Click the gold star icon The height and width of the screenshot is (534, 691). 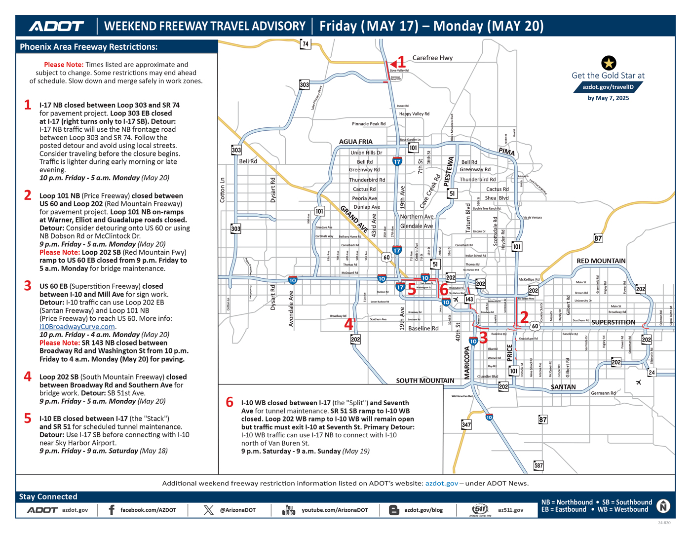[x=609, y=63]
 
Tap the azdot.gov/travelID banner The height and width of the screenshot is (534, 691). [x=608, y=87]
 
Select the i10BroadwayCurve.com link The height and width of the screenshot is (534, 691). [x=77, y=327]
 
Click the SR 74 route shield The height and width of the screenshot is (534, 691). [x=306, y=44]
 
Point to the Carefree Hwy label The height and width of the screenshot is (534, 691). [x=432, y=58]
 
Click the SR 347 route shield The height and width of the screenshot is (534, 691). [x=466, y=424]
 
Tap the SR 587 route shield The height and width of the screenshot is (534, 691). [x=538, y=465]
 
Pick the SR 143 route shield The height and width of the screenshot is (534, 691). [x=469, y=299]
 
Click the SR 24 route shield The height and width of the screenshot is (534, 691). [x=652, y=373]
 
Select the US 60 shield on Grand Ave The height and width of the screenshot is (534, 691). [x=386, y=257]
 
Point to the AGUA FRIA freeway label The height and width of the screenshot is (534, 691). [x=355, y=142]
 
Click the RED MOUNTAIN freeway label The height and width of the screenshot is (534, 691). [x=601, y=261]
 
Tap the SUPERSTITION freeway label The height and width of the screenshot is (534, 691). [x=613, y=322]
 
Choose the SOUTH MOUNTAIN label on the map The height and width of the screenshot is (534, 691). [x=425, y=381]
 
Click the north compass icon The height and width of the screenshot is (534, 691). [x=663, y=506]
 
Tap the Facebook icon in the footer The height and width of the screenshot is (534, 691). [x=112, y=510]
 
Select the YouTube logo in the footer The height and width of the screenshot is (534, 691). [x=289, y=510]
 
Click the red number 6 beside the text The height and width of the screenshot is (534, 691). [x=230, y=403]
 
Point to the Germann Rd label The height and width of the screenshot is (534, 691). [x=603, y=393]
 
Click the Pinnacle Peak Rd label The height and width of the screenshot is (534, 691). [x=369, y=124]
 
